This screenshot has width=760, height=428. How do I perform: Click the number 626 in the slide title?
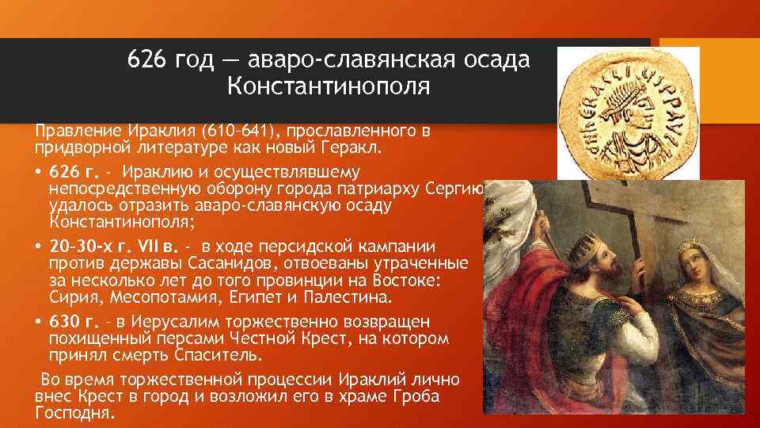[x=145, y=59]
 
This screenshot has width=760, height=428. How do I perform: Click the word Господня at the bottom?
[x=75, y=413]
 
